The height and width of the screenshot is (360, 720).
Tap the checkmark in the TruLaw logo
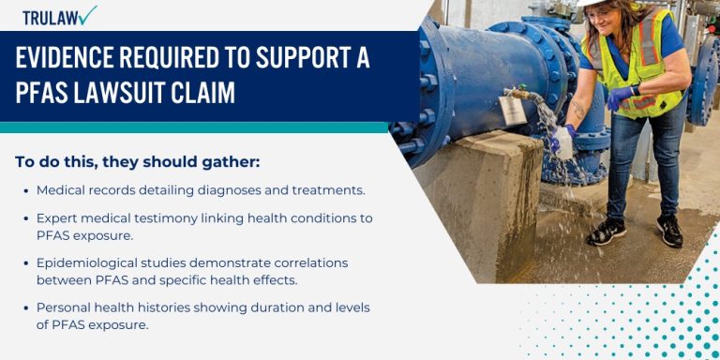pos(87,15)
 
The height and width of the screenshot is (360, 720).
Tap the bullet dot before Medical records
pos(24,190)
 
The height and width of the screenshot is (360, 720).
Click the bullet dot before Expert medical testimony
pos(24,218)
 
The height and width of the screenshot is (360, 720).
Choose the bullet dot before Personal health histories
pos(24,307)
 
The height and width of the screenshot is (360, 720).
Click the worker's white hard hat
pos(592,3)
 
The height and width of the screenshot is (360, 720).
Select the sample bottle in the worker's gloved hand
pos(563,141)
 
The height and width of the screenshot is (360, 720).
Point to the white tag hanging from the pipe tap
pos(513,110)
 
